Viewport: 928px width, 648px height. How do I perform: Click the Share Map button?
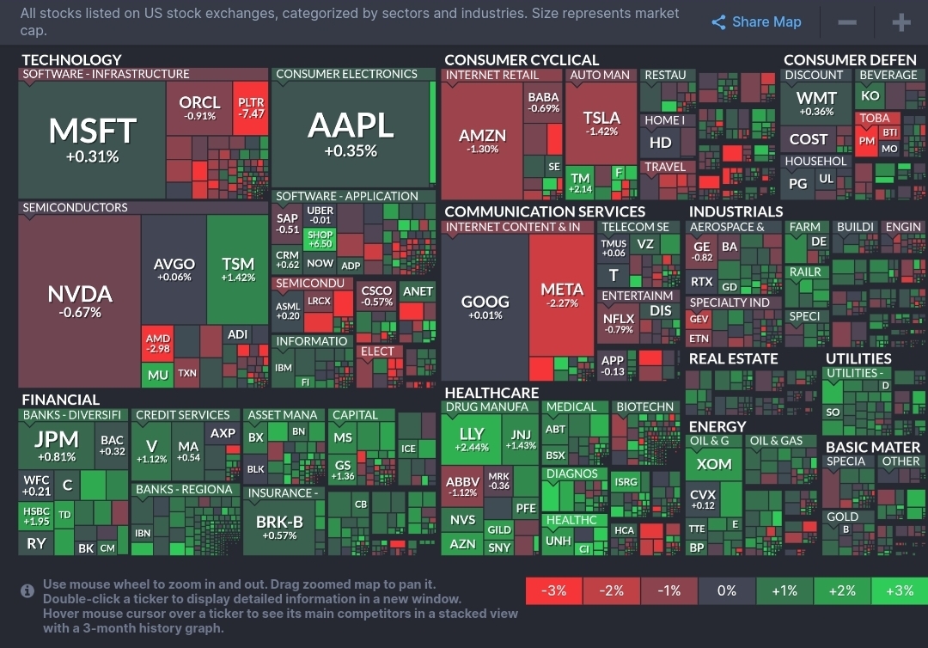point(756,22)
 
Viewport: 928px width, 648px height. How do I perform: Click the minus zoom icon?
point(847,22)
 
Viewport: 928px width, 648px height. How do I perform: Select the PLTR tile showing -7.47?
point(252,108)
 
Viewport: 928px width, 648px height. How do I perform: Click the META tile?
point(562,296)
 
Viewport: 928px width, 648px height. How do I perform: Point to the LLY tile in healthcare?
point(472,439)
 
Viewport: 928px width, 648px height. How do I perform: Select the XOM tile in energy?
point(714,465)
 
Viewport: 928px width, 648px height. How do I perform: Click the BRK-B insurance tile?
point(280,527)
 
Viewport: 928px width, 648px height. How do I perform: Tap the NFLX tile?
point(619,323)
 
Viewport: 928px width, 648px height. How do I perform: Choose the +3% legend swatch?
point(899,590)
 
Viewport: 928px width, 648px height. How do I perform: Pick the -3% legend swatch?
point(553,590)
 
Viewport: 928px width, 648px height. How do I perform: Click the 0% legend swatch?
point(726,590)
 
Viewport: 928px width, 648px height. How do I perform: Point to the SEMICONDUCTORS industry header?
point(75,207)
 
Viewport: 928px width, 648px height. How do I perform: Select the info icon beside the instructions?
point(27,591)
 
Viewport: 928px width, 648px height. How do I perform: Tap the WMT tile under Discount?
point(815,104)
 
